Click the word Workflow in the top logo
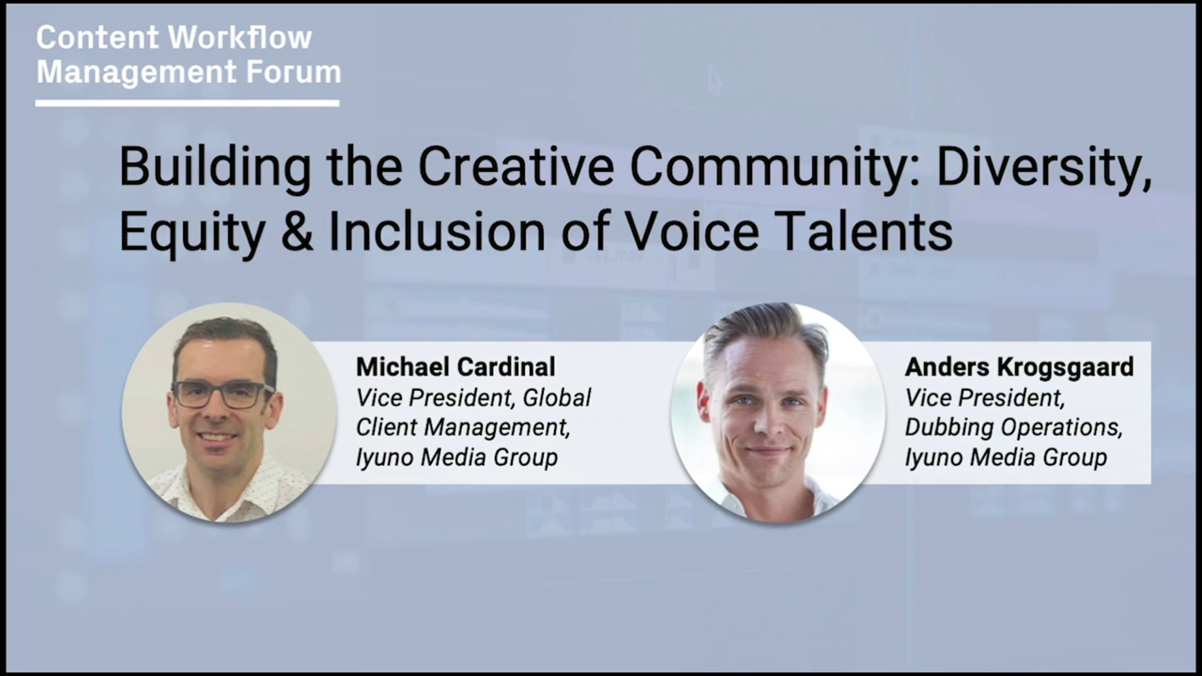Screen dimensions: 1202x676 [x=239, y=37]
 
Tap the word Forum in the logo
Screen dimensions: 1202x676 [x=293, y=72]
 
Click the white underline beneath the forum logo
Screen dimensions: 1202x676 [x=187, y=103]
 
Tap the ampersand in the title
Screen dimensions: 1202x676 [x=297, y=232]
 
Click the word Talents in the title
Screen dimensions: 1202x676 [x=866, y=231]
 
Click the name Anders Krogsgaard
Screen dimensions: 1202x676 [x=1019, y=368]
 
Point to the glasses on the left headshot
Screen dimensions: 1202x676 [x=223, y=395]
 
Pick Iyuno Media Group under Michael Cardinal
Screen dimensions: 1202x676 [x=457, y=458]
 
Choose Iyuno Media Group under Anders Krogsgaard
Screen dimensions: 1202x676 [x=1006, y=458]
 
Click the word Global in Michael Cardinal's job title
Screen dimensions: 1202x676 [x=557, y=398]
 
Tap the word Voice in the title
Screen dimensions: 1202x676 [x=694, y=231]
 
